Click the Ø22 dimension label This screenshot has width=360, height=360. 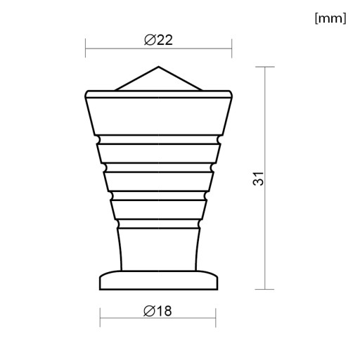coord(158,40)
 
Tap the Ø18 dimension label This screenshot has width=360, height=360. coord(157,311)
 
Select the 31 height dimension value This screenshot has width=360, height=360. coord(259,179)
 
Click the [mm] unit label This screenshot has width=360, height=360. coord(330,18)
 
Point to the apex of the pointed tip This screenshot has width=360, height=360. coord(158,67)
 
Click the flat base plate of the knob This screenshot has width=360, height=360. coord(159,281)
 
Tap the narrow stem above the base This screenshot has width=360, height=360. coord(159,250)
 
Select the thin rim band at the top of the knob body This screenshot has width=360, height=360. coord(159,94)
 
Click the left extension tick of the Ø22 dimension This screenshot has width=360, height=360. coord(86,48)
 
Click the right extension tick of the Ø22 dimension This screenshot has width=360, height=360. coord(232,49)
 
